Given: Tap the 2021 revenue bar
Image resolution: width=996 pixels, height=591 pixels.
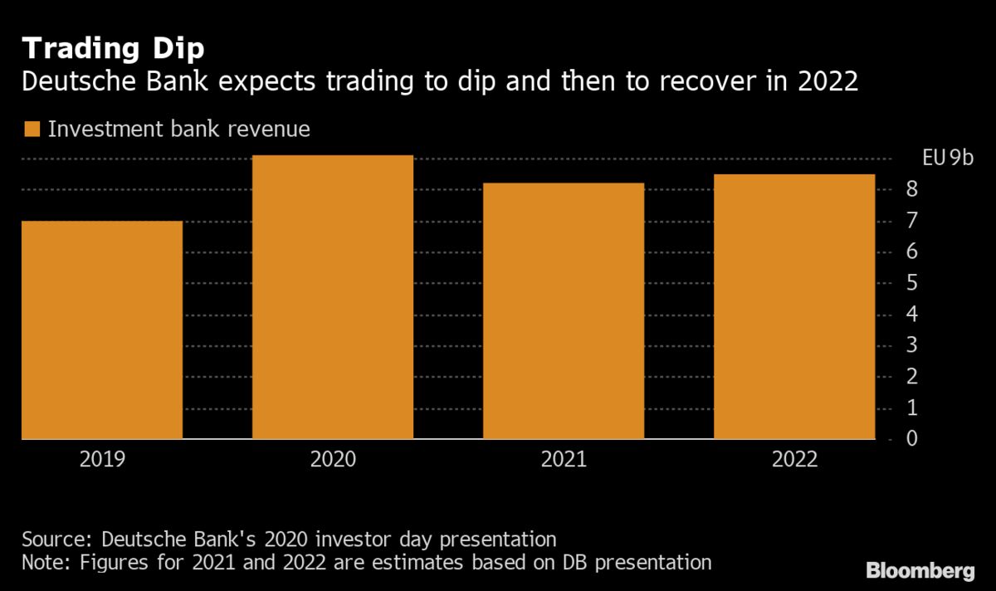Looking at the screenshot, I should pyautogui.click(x=564, y=310).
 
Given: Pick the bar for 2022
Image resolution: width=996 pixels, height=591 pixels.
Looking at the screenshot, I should pyautogui.click(x=794, y=306).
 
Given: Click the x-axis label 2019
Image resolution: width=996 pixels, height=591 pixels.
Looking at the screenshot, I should pyautogui.click(x=102, y=460).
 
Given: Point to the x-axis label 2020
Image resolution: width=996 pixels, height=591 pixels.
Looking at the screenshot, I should pyautogui.click(x=333, y=460).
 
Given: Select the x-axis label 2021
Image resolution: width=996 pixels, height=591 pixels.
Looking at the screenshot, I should pyautogui.click(x=564, y=460).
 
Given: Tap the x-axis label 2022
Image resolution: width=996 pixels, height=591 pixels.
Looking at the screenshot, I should pyautogui.click(x=794, y=460).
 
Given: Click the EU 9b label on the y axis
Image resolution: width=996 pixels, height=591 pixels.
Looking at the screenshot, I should pyautogui.click(x=947, y=159).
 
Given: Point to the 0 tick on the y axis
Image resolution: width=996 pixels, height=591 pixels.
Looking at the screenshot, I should pyautogui.click(x=911, y=438).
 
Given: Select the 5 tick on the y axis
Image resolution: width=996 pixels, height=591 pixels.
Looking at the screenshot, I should pyautogui.click(x=911, y=283).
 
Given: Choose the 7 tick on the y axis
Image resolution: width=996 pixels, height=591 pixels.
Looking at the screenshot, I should pyautogui.click(x=911, y=221).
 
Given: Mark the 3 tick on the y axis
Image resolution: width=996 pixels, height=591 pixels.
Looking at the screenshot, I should pyautogui.click(x=911, y=345).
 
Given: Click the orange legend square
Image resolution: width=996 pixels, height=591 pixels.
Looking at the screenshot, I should pyautogui.click(x=32, y=129).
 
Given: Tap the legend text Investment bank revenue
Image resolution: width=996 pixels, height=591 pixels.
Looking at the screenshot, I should pyautogui.click(x=178, y=129).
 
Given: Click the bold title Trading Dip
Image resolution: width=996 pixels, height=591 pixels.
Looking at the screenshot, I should pyautogui.click(x=113, y=49).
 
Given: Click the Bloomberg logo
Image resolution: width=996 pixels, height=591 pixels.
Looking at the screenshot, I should pyautogui.click(x=920, y=571).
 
